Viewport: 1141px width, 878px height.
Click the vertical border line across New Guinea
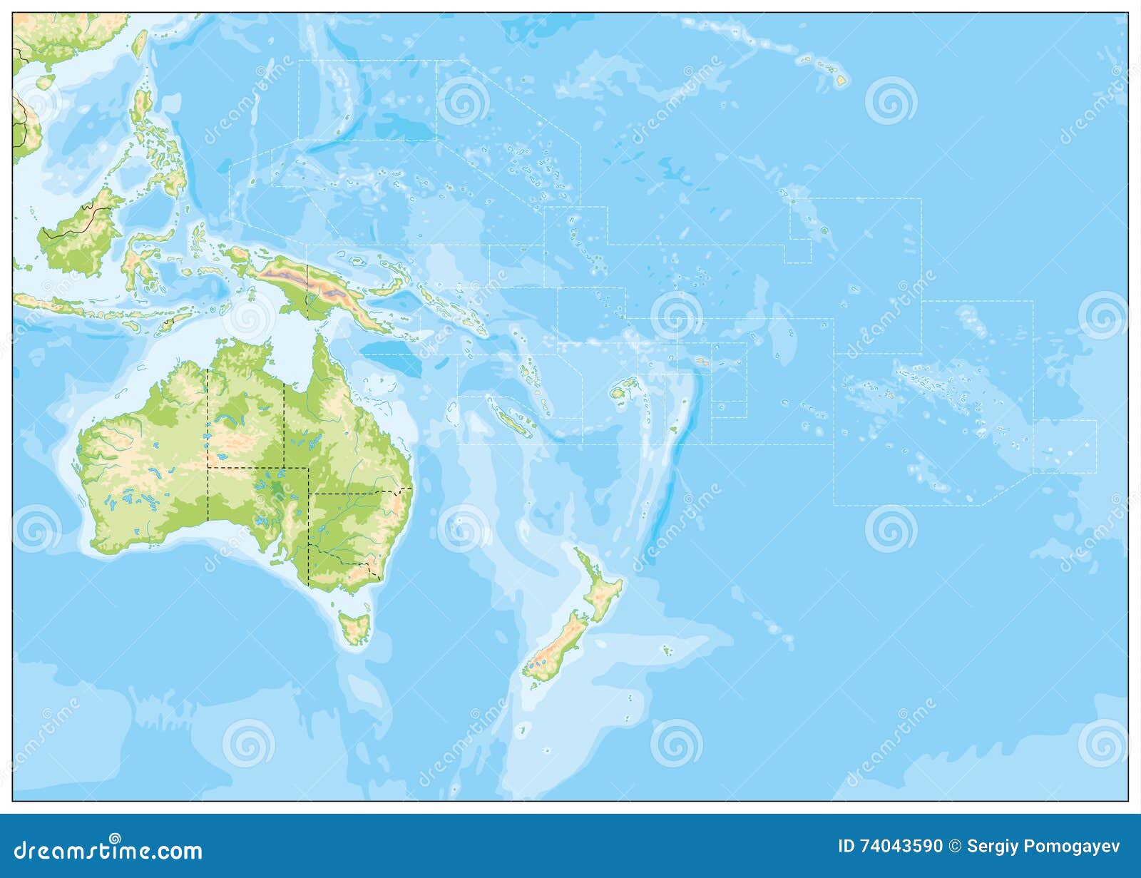(307, 285)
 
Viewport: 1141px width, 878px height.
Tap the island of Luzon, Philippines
(143, 107)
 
